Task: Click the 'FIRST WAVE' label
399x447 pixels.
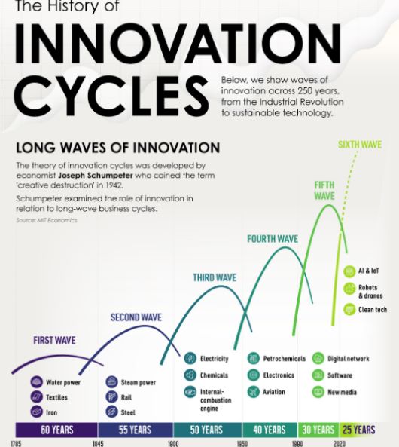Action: tap(54, 340)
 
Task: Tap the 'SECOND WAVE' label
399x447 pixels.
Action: tap(136, 317)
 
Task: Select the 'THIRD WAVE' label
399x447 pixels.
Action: tap(215, 277)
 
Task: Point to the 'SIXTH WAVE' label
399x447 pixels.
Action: tap(360, 145)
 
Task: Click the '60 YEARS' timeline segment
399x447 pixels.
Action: tap(56, 430)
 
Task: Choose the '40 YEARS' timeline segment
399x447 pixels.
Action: tap(270, 430)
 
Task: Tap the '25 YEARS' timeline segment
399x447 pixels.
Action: tap(359, 430)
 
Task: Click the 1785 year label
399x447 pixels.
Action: tap(16, 443)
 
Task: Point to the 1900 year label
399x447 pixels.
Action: tap(173, 443)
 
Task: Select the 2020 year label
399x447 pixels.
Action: tap(340, 443)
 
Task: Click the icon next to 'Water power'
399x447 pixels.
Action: tap(36, 382)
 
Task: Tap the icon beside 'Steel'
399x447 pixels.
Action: tap(111, 412)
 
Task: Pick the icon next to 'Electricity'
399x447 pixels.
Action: tap(190, 358)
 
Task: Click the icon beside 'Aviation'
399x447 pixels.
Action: tap(253, 392)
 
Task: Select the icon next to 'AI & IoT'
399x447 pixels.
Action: tap(349, 271)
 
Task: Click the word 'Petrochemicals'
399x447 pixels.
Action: tap(285, 359)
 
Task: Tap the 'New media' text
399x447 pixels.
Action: tap(342, 392)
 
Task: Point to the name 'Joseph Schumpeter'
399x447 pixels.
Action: tap(96, 175)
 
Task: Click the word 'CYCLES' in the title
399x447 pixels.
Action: tap(111, 95)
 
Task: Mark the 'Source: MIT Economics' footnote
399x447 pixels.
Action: tap(47, 220)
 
